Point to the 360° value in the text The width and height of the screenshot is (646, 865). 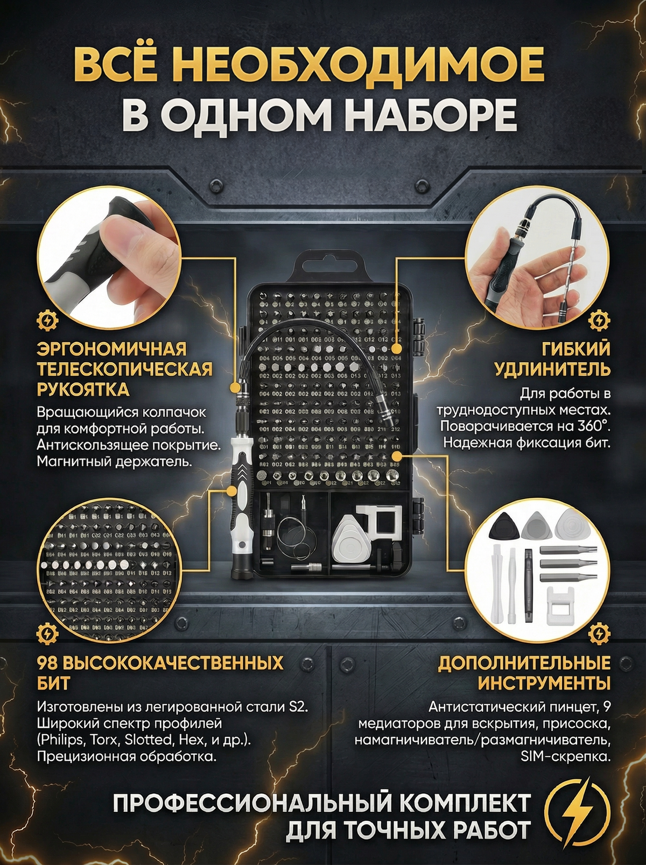591,426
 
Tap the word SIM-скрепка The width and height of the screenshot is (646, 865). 566,756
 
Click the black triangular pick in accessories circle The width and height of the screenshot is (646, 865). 504,525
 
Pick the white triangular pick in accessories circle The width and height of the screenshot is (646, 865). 571,524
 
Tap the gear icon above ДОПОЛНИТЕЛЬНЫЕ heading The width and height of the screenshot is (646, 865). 599,634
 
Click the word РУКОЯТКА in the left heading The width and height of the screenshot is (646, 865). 83,389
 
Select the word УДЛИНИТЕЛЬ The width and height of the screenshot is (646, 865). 552,369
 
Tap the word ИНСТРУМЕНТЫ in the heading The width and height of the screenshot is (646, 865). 544,683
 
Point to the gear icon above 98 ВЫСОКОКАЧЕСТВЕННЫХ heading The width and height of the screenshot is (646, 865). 47,634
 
